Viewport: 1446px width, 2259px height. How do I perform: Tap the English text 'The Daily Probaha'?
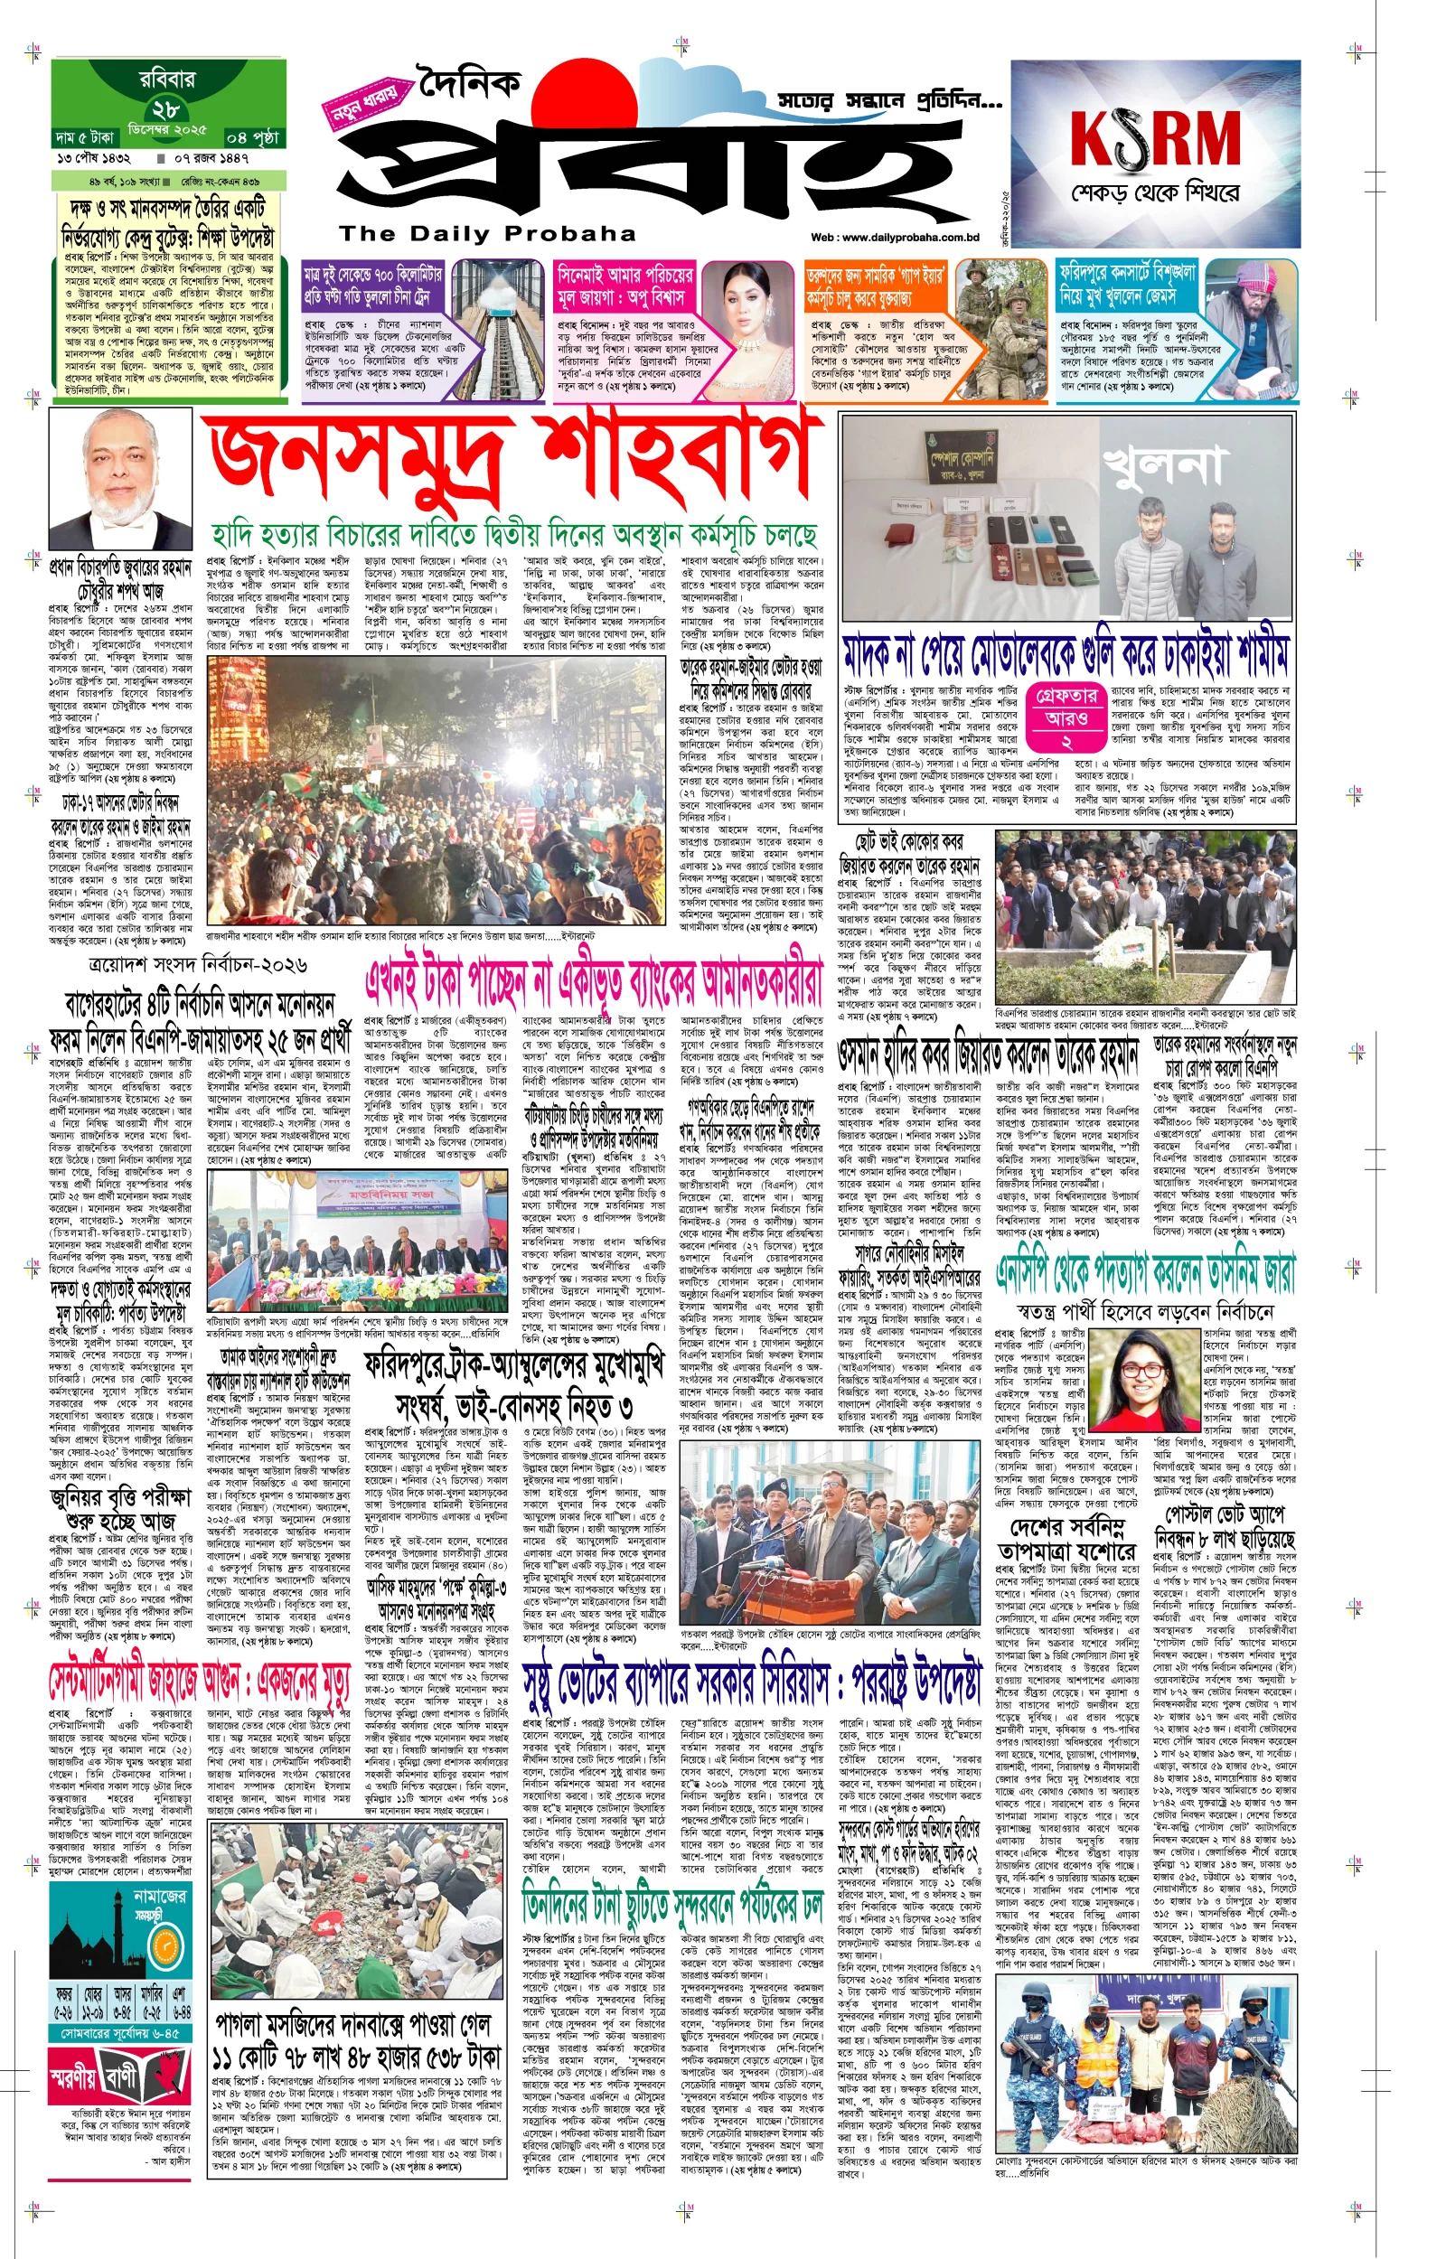(487, 234)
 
